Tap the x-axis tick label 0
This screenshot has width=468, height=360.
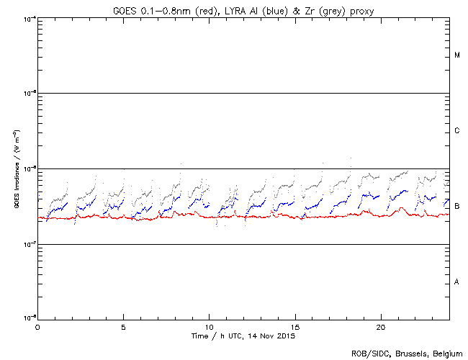point(37,326)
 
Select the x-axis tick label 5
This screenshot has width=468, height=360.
point(123,326)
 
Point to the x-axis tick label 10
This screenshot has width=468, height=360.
point(209,326)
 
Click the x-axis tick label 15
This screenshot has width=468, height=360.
point(294,326)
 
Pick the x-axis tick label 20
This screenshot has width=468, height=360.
point(380,326)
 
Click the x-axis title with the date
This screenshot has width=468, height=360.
point(243,336)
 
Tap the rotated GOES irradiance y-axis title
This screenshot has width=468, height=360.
point(15,169)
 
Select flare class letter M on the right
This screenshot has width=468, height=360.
point(457,55)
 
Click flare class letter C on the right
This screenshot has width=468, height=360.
point(457,131)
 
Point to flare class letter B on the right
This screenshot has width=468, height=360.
point(457,207)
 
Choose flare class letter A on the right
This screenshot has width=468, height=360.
point(457,282)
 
